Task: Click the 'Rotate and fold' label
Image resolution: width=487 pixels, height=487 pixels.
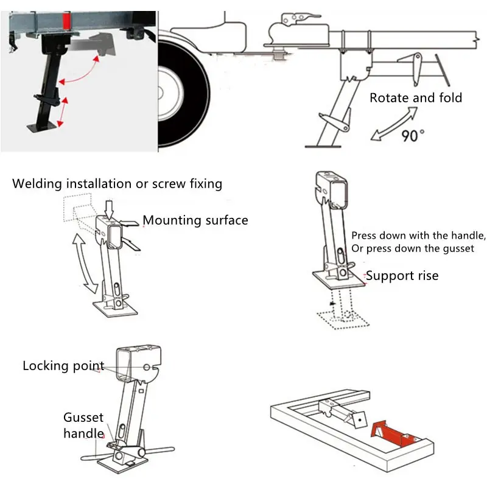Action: click(x=416, y=97)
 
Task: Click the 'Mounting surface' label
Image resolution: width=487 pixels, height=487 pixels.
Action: click(x=195, y=220)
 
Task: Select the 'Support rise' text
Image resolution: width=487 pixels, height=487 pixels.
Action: click(x=402, y=276)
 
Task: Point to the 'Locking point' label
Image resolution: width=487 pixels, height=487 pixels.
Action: click(x=63, y=366)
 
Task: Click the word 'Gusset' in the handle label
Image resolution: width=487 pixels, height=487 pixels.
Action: click(x=83, y=418)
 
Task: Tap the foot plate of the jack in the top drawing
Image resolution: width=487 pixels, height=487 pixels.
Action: click(x=323, y=145)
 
